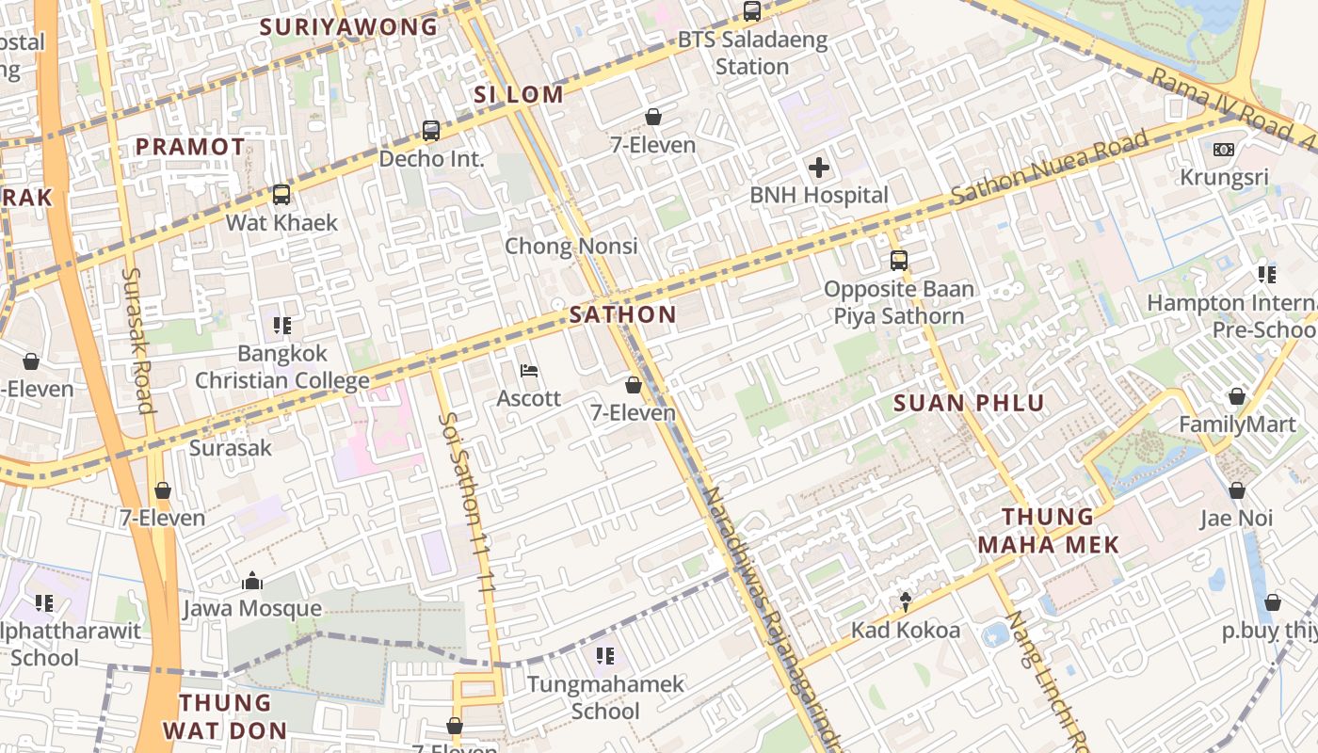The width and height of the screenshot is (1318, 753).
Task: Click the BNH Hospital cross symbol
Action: [x=819, y=168]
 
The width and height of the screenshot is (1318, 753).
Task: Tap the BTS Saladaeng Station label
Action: [x=752, y=53]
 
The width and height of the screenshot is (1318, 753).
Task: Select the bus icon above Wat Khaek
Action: [x=281, y=195]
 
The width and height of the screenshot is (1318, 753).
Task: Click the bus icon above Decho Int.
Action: [x=431, y=131]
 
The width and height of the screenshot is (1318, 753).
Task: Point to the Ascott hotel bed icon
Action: [x=529, y=371]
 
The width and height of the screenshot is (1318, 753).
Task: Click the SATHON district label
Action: [x=622, y=314]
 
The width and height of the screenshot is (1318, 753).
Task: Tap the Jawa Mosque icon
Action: [x=251, y=582]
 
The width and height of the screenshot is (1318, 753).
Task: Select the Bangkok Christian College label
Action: [x=281, y=367]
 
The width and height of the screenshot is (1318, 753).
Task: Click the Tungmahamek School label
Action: [x=605, y=697]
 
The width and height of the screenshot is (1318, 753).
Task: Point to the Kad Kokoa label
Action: [x=906, y=630]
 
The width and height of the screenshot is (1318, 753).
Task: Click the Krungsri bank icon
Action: [x=1224, y=150]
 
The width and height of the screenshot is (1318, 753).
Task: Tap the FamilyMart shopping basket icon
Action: [x=1237, y=397]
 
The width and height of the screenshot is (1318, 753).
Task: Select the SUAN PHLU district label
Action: [x=969, y=404]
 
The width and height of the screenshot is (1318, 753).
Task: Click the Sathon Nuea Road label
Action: [x=1050, y=167]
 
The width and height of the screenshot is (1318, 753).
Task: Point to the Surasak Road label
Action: [x=137, y=340]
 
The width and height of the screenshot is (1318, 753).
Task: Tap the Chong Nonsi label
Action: [x=571, y=247]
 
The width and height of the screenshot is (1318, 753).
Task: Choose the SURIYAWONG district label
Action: [x=348, y=26]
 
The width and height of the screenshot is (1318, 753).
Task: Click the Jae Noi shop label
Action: [x=1237, y=518]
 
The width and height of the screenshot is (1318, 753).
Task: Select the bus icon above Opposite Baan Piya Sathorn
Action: [x=899, y=261]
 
